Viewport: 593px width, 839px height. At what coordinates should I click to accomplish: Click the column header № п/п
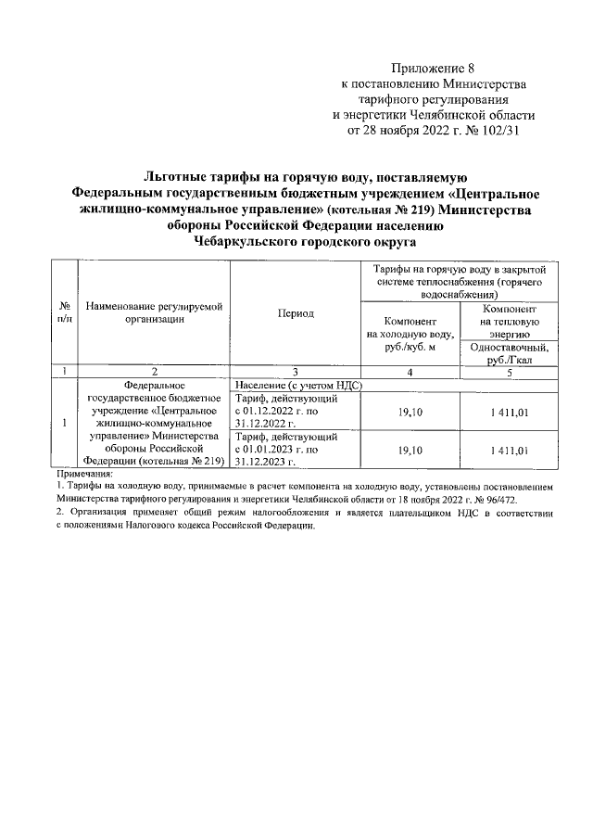point(65,312)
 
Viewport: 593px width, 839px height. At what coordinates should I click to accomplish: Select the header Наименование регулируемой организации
point(155,312)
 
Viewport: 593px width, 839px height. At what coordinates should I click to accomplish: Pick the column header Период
point(296,313)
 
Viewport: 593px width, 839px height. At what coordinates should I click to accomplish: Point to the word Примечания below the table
point(84,473)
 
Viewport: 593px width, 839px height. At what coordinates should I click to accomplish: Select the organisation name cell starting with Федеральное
point(155,422)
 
